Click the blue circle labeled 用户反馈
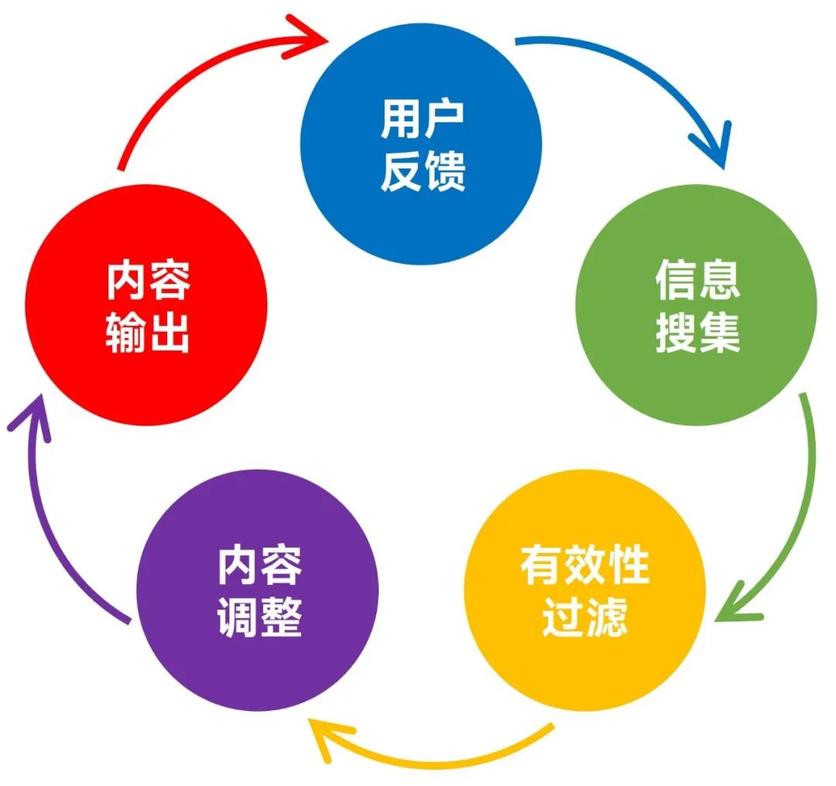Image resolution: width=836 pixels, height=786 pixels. pyautogui.click(x=421, y=143)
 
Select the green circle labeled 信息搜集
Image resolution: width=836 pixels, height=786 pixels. pyautogui.click(x=697, y=305)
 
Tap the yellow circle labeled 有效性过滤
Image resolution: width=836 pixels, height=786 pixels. pyautogui.click(x=585, y=590)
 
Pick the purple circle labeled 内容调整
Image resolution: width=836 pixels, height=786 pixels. pyautogui.click(x=258, y=590)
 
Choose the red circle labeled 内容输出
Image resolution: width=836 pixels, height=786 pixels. pyautogui.click(x=146, y=305)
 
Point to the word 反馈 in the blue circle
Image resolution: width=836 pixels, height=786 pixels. pyautogui.click(x=423, y=170)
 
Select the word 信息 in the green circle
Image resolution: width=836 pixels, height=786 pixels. pyautogui.click(x=697, y=280)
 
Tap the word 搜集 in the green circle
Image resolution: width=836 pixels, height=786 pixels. pyautogui.click(x=697, y=332)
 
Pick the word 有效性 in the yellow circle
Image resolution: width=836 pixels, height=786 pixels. pyautogui.click(x=585, y=564)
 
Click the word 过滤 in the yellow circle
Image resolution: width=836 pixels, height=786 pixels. pyautogui.click(x=585, y=617)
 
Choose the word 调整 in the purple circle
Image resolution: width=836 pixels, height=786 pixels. pyautogui.click(x=259, y=617)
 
